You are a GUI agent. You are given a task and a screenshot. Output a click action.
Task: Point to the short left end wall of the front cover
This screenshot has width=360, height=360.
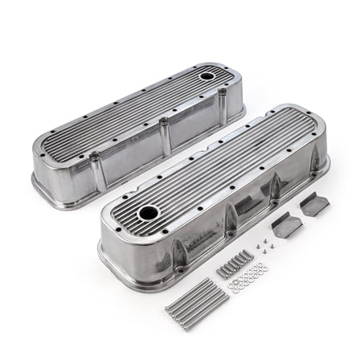pyautogui.click(x=121, y=245)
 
